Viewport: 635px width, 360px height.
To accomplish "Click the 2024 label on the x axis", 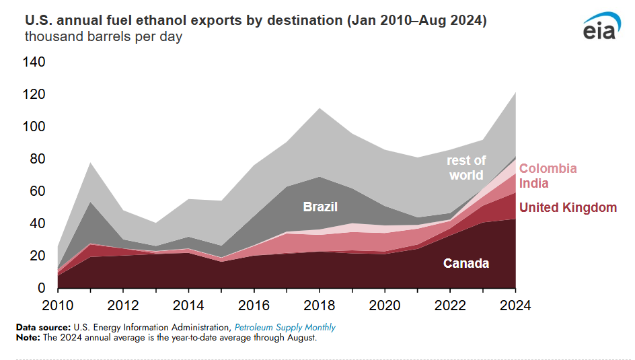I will tap(515, 305).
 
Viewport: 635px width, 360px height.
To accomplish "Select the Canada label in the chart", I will tap(465, 263).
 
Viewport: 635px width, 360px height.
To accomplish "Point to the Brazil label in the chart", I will tap(320, 207).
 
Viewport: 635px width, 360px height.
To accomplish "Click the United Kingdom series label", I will tap(568, 207).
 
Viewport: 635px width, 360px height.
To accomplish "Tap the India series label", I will tap(534, 183).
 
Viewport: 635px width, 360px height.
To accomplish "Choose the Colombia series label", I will tap(548, 169).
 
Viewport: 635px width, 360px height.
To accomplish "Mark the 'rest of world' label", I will tap(466, 168).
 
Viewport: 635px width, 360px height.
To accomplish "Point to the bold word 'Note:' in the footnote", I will tap(29, 337).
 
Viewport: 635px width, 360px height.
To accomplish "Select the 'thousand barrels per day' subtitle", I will tap(104, 36).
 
